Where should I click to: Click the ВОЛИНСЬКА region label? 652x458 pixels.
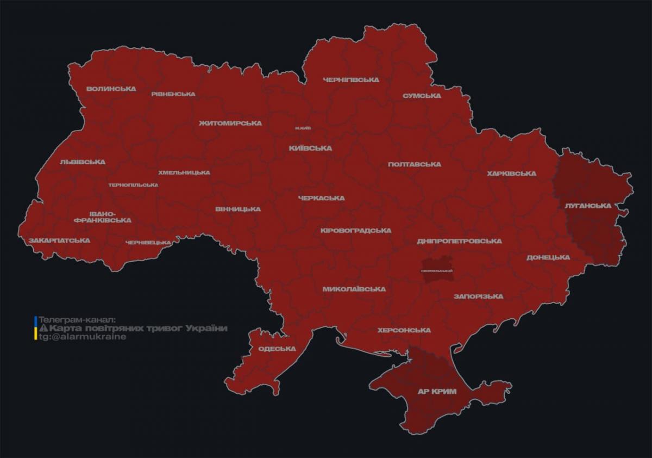point(111,89)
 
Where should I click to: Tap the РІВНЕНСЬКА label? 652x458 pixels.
point(173,94)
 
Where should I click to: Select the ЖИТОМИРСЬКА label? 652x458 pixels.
point(230,123)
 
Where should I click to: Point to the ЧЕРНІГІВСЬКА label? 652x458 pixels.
point(351,80)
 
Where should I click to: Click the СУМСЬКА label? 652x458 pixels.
point(422,96)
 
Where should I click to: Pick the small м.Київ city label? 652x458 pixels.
point(303,128)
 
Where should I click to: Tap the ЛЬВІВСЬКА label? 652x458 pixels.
point(83,162)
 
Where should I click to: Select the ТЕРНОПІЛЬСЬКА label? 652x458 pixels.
point(133,185)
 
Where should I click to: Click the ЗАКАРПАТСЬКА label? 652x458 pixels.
point(60,240)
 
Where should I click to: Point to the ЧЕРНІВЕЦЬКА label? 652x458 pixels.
point(148,243)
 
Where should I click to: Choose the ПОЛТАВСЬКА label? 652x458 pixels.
point(415,164)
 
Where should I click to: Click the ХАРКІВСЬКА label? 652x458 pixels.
point(511,174)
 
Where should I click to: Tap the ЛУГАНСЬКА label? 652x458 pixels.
point(588,206)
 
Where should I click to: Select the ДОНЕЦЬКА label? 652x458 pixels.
point(548,257)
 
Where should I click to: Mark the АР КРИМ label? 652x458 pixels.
point(437,392)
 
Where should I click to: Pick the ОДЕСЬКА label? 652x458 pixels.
point(277,349)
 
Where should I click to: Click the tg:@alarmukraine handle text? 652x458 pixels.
point(81,337)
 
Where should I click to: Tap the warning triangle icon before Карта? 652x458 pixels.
point(43,329)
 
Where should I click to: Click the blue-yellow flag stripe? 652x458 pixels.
point(35,328)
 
